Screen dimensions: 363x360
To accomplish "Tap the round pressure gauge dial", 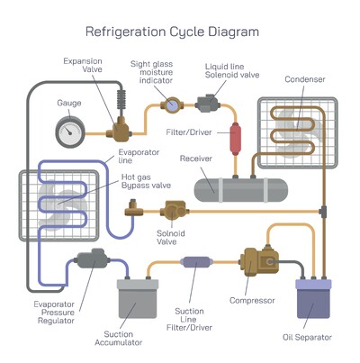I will pos(68,133).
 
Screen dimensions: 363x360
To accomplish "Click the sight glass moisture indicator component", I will pos(169,105).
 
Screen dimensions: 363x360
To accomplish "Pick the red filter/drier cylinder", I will pos(238,139).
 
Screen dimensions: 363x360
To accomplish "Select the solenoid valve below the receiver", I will pos(171,213).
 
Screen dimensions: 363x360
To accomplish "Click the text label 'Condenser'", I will pos(304,79).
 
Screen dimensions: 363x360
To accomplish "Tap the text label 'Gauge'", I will pos(68,103).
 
